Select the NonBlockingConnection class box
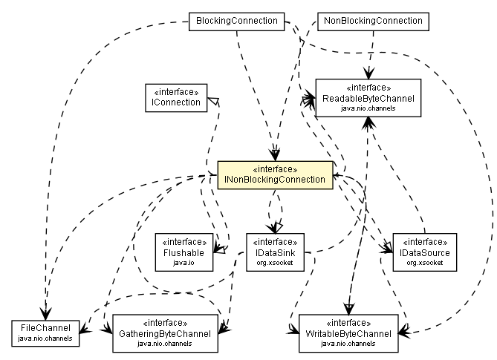[372, 21]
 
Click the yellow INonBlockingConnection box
[274, 174]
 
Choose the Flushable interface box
[183, 252]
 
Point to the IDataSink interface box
[276, 252]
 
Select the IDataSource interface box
[425, 252]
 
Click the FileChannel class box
[45, 332]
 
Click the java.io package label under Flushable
[183, 263]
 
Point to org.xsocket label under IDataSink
[276, 263]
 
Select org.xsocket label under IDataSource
[425, 263]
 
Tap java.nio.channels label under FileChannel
[45, 338]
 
